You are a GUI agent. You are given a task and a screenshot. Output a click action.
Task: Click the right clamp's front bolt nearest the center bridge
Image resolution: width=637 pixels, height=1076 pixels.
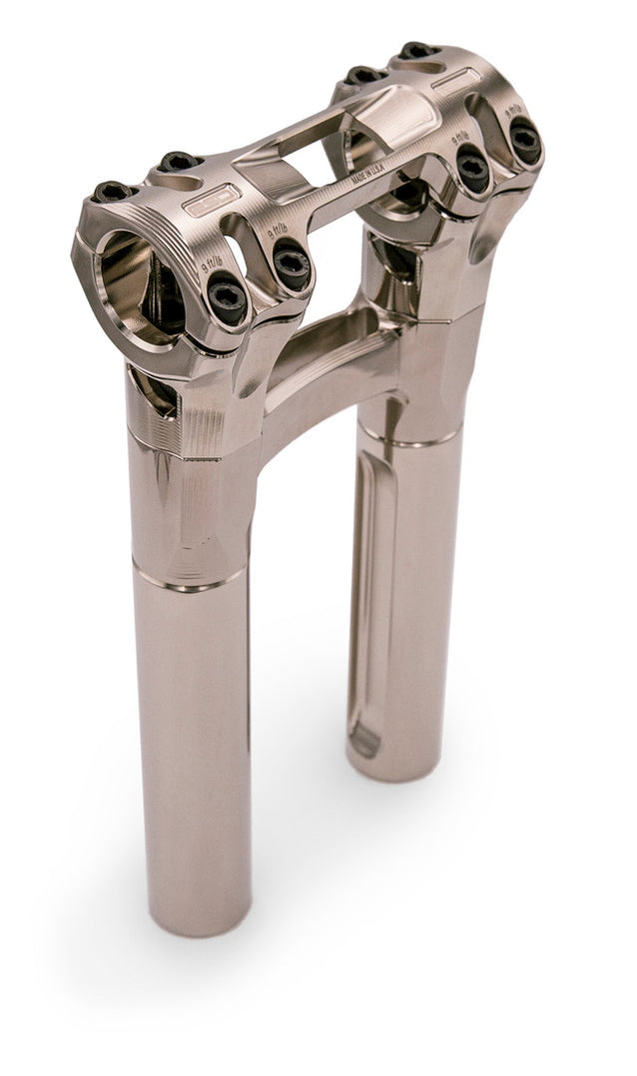[471, 167]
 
